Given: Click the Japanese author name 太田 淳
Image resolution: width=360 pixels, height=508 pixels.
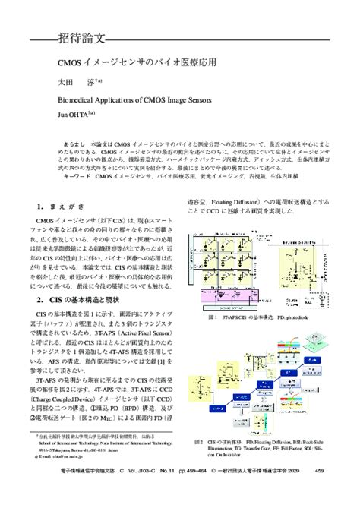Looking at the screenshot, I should click(x=74, y=81).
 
